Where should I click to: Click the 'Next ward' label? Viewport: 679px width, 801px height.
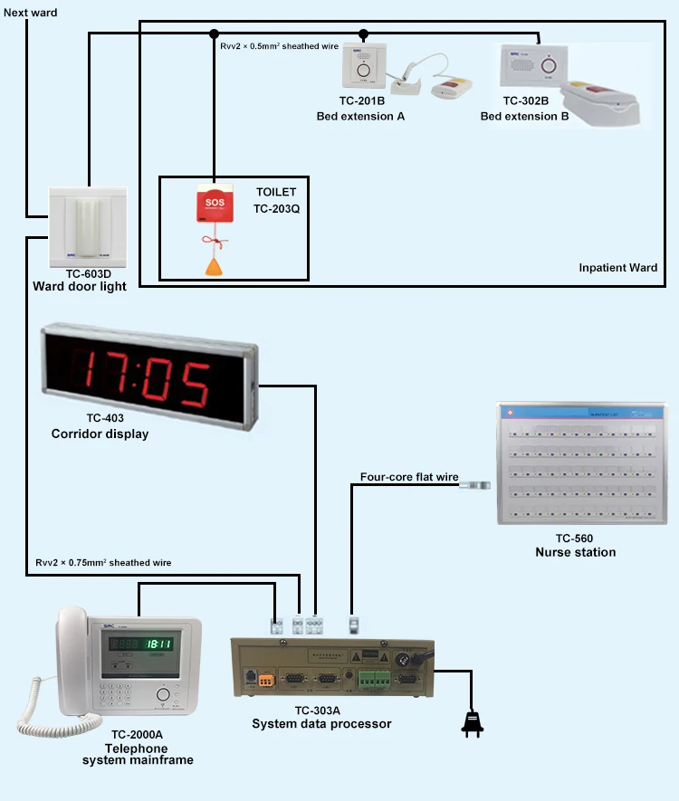tap(31, 13)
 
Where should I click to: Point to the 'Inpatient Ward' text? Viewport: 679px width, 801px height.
tap(617, 268)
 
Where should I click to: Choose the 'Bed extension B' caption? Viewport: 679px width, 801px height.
tap(525, 117)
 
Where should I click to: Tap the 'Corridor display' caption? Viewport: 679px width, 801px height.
tap(100, 434)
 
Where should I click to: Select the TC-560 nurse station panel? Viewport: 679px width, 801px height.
tap(575, 463)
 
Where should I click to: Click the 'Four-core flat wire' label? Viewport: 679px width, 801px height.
tap(409, 477)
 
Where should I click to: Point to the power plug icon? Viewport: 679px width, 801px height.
tap(471, 722)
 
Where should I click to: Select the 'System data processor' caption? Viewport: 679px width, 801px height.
tap(321, 723)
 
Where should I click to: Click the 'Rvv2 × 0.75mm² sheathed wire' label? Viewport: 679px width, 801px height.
tap(103, 562)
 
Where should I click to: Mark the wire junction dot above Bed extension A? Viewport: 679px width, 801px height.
tap(364, 34)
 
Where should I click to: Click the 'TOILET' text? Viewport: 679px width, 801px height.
tap(275, 193)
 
